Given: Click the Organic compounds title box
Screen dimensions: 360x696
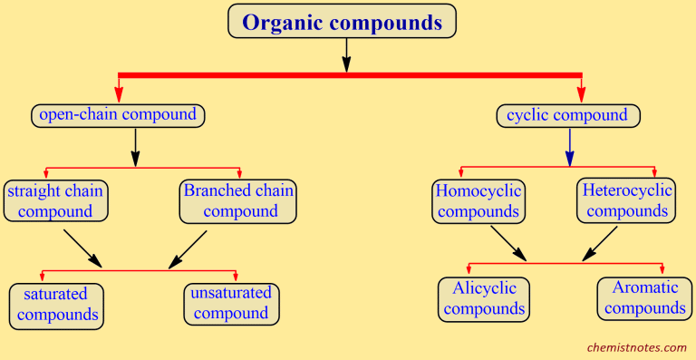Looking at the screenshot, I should pos(342,22).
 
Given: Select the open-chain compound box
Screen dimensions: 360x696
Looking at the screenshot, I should pos(117,115).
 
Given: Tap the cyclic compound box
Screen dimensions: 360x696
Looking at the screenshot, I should pos(568,115).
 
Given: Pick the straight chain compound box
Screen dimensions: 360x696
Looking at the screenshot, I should pos(55,201).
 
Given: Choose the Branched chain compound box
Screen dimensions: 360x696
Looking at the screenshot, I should pos(238,200).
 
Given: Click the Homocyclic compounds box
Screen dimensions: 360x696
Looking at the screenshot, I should pos(477,200).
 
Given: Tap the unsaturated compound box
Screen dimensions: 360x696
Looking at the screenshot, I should pos(230,303).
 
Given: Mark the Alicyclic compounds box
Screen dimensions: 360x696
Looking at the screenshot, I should pos(483,298).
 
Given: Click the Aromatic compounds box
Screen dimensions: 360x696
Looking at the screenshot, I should pos(645,298).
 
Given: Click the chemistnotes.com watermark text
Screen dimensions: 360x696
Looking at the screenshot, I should pos(637,346).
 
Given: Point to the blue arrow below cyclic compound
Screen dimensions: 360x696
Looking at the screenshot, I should pos(569,147).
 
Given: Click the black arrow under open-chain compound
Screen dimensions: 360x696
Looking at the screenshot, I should pos(135,147).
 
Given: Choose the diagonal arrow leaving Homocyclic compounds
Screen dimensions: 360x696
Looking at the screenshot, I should pos(508,243).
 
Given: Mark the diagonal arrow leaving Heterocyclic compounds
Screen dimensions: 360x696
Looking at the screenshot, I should pos(601,242).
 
